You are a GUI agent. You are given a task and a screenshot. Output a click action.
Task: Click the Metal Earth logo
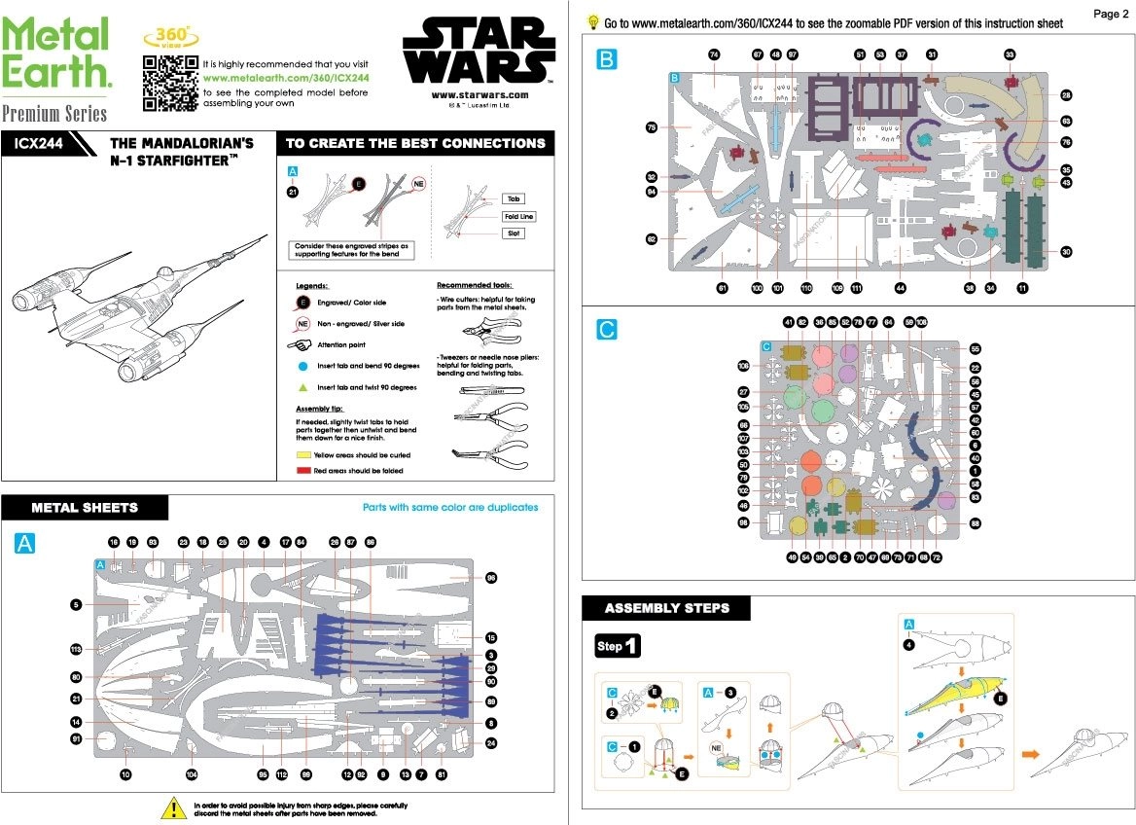pyautogui.click(x=55, y=54)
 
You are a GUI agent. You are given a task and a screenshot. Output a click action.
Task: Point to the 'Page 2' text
pyautogui.click(x=1111, y=14)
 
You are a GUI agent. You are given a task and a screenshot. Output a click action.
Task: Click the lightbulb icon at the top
pyautogui.click(x=592, y=21)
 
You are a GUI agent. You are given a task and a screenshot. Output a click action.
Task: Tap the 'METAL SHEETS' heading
pyautogui.click(x=85, y=507)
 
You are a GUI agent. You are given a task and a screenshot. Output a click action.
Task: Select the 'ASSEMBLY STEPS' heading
pyautogui.click(x=666, y=609)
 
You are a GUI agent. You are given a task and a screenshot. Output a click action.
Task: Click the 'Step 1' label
pyautogui.click(x=619, y=646)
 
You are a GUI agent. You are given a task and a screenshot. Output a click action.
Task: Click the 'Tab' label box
pyautogui.click(x=515, y=198)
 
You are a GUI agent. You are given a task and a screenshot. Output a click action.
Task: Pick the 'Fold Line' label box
pyautogui.click(x=518, y=216)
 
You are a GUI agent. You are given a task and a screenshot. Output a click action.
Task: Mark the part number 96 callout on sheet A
pyautogui.click(x=491, y=578)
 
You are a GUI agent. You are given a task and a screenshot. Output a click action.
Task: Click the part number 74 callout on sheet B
pyautogui.click(x=714, y=54)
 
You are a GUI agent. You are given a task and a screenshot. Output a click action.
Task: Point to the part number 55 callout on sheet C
pyautogui.click(x=975, y=348)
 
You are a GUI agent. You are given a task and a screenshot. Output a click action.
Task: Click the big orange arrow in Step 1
pyautogui.click(x=1028, y=753)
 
